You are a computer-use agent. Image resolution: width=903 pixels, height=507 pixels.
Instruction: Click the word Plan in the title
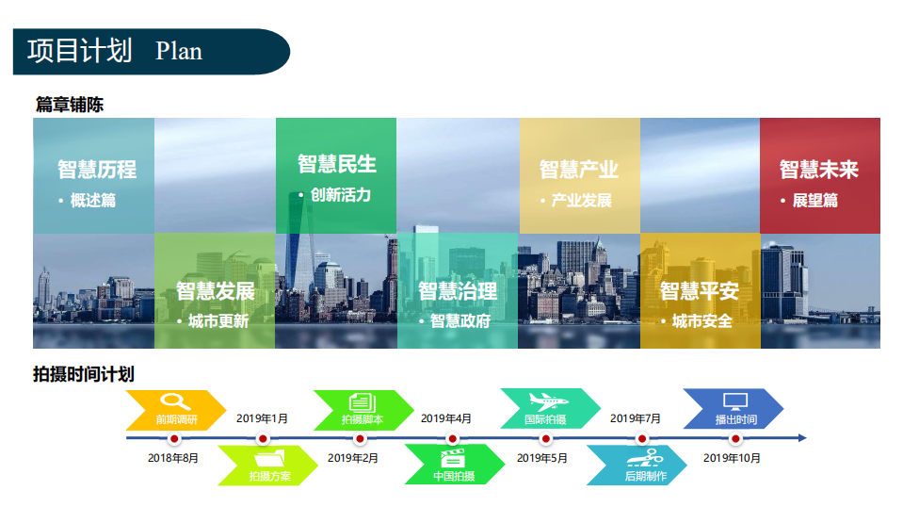(x=179, y=51)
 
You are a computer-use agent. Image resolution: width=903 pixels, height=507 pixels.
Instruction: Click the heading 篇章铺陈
(x=69, y=105)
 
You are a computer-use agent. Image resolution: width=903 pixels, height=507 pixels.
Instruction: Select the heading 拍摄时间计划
(x=84, y=374)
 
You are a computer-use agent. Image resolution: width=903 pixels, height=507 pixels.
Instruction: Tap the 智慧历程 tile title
(x=97, y=170)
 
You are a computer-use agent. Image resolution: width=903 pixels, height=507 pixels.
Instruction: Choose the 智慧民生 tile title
(x=337, y=164)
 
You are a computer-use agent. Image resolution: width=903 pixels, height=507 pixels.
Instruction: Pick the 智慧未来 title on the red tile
(x=819, y=170)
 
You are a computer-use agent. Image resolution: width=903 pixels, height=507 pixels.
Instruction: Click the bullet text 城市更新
(x=218, y=321)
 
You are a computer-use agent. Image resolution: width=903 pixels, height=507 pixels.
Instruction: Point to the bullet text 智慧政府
(x=460, y=321)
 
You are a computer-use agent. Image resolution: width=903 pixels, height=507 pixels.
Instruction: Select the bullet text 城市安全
(x=702, y=321)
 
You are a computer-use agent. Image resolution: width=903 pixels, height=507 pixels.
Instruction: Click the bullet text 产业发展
(x=582, y=201)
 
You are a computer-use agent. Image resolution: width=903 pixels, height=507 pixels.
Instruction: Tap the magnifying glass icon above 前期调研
(x=175, y=401)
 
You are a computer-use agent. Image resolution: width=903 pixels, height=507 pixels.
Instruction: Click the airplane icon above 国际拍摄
(x=548, y=401)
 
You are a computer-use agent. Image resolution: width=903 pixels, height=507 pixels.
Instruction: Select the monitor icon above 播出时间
(x=735, y=401)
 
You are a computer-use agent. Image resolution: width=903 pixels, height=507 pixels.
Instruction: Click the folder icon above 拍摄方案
(x=269, y=459)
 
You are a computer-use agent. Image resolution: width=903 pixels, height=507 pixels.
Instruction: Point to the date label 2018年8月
(x=173, y=458)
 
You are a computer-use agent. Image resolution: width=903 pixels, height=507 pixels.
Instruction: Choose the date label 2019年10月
(x=732, y=458)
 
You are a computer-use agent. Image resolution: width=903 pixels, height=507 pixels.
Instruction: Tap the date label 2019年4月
(x=446, y=418)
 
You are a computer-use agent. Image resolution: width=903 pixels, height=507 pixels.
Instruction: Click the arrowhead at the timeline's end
(x=803, y=438)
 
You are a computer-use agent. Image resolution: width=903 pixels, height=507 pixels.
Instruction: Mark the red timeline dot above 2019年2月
(x=360, y=439)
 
